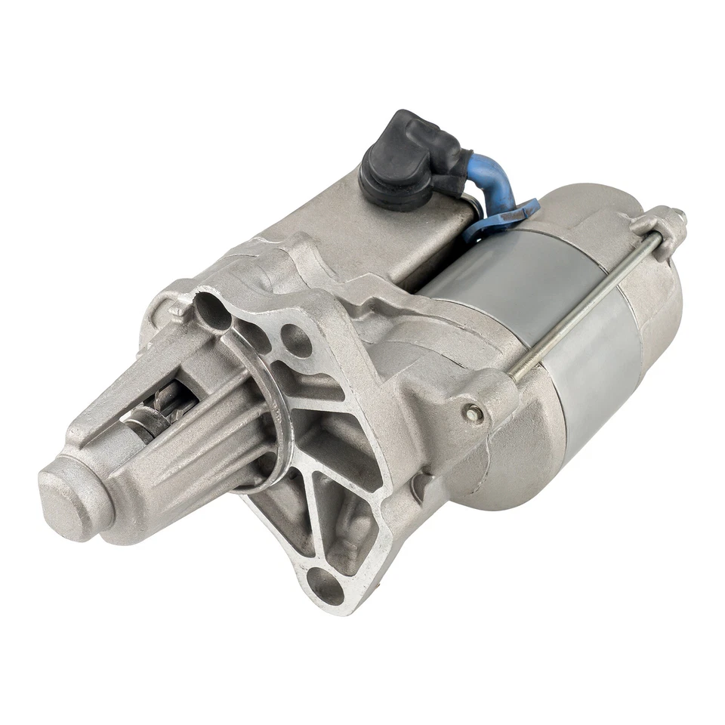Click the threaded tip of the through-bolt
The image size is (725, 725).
[x=681, y=217]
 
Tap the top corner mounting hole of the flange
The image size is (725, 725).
[x=211, y=310]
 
